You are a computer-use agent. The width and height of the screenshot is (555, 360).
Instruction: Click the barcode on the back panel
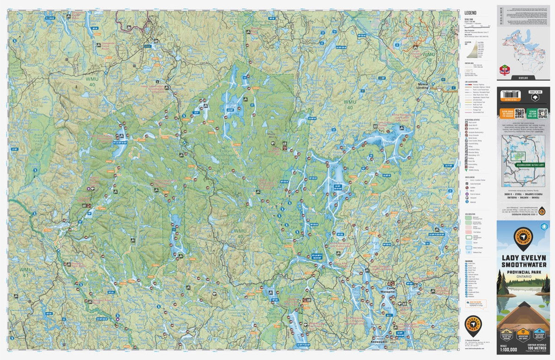[x=507, y=94]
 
